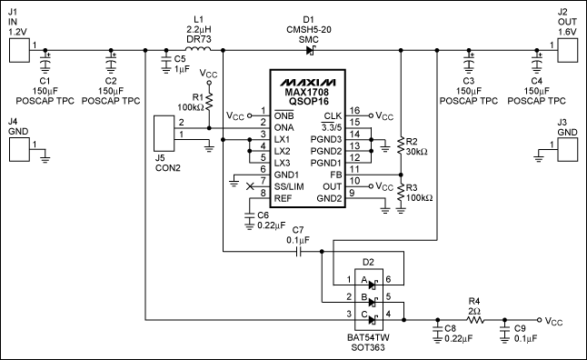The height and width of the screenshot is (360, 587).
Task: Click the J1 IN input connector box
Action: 18,49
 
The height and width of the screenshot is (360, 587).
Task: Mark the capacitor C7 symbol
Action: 301,252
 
